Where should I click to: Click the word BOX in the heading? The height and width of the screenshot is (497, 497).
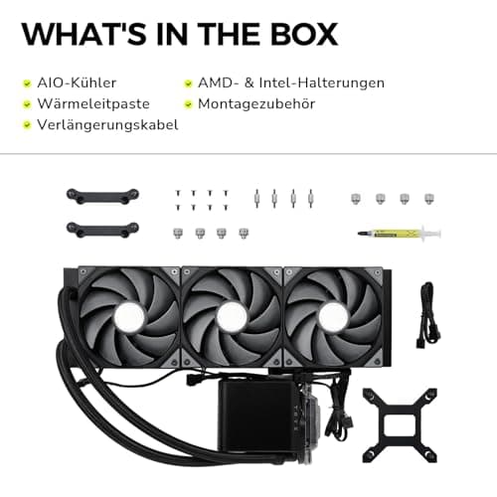(x=304, y=34)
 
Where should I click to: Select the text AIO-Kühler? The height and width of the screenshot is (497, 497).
(x=77, y=83)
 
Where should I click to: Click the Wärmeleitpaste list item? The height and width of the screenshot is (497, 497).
(x=93, y=103)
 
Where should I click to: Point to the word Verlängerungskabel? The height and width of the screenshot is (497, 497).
(x=107, y=125)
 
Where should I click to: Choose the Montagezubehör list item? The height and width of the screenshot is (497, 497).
(x=256, y=104)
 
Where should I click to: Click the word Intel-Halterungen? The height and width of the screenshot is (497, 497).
(x=322, y=83)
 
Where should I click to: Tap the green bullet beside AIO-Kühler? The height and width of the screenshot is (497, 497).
(x=27, y=83)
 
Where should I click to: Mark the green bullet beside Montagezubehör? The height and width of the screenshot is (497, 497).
(x=188, y=104)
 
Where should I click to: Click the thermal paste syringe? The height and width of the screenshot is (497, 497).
(x=400, y=234)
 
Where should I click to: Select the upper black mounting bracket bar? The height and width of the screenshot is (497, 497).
(x=102, y=196)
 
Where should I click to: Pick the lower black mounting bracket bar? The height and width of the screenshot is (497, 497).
(x=102, y=230)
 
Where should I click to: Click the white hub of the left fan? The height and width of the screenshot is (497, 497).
(x=129, y=317)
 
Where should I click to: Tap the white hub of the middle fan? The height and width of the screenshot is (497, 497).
(x=232, y=317)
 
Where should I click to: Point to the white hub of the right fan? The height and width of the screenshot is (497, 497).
(x=334, y=317)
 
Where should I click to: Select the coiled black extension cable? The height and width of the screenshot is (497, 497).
(x=428, y=315)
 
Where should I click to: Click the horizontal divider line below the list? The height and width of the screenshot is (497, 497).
(x=248, y=154)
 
